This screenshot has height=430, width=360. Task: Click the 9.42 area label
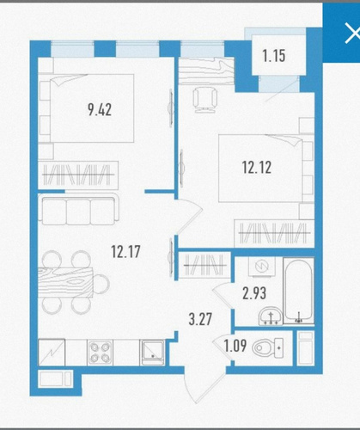point(100,110)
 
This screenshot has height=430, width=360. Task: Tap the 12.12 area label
point(257,168)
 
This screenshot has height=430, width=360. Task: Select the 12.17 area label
point(125,252)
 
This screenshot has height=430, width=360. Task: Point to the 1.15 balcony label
point(274,56)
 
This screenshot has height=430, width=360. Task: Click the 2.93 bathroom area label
point(254,293)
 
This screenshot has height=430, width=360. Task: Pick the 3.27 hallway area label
point(200,319)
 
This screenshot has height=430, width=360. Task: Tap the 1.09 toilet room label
point(235,346)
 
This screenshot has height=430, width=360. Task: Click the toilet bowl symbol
point(268,347)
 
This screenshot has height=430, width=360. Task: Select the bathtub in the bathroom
point(298,292)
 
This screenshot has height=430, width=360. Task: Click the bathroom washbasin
point(270,316)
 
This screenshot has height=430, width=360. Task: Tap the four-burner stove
point(100,353)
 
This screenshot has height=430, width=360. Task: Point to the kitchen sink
point(152,353)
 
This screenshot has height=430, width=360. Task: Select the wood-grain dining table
point(65,282)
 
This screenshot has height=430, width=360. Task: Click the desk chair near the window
point(204,99)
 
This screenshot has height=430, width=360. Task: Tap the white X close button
point(353,34)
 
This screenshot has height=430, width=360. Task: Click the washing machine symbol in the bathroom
point(262,267)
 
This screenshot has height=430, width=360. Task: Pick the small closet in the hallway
point(204,265)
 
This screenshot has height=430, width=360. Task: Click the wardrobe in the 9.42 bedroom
point(78,175)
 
